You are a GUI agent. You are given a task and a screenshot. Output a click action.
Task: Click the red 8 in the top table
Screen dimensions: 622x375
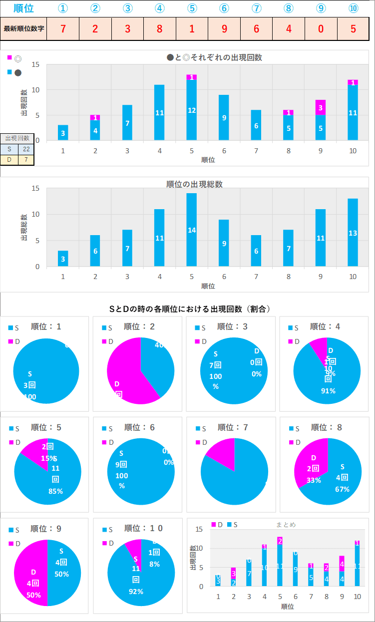click(159, 28)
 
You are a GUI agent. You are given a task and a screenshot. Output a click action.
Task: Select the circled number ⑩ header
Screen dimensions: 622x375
click(353, 8)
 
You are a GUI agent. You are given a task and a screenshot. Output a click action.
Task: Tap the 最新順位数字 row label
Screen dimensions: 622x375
click(24, 28)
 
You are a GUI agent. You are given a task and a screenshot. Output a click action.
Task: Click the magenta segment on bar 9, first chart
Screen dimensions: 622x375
click(320, 107)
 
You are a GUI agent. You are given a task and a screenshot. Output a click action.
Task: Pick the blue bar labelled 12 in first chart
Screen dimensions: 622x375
click(191, 110)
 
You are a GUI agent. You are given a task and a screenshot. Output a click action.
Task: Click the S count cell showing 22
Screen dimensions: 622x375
click(26, 149)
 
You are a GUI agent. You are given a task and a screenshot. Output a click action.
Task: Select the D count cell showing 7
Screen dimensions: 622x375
click(26, 160)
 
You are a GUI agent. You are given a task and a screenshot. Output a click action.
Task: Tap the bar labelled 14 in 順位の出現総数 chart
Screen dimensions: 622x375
click(191, 230)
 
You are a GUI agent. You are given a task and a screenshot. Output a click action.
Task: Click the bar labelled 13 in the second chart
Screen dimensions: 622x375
click(353, 232)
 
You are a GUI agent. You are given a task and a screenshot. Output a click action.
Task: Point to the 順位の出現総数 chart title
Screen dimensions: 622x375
click(194, 184)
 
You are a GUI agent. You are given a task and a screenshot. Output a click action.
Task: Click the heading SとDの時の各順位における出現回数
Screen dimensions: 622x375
click(190, 309)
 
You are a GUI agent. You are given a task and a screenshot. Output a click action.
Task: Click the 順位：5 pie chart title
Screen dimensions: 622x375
click(44, 427)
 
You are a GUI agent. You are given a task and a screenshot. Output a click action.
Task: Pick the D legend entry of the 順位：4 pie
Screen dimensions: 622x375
click(295, 341)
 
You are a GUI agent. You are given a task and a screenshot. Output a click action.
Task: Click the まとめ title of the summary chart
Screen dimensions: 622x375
click(286, 525)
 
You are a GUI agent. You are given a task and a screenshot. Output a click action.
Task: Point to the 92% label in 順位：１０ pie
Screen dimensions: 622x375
click(135, 592)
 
